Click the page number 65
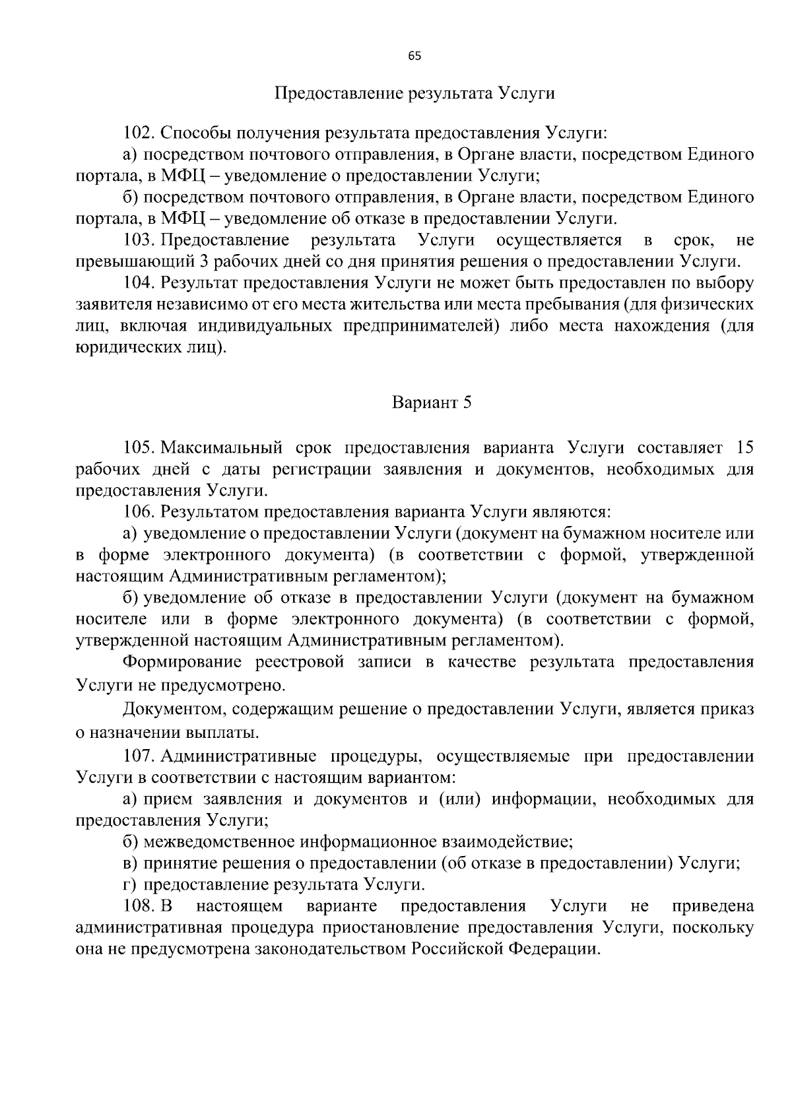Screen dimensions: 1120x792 (x=414, y=56)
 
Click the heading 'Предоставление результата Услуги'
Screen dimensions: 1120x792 (x=414, y=93)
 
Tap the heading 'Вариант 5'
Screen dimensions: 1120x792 (x=432, y=403)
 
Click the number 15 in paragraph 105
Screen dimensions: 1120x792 (x=744, y=448)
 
